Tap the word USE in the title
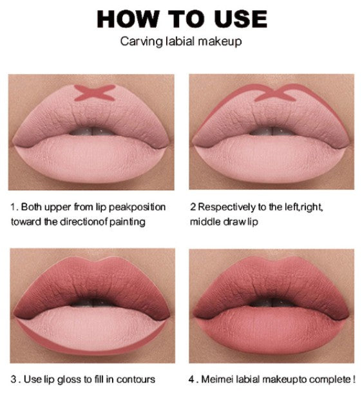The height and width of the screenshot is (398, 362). tap(240, 19)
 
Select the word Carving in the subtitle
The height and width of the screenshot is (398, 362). tap(141, 42)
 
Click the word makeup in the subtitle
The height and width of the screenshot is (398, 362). tap(220, 42)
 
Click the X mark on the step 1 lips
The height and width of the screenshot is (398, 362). tap(95, 93)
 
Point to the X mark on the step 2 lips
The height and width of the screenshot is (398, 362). tap(275, 93)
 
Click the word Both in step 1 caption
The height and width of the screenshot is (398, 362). tap(32, 207)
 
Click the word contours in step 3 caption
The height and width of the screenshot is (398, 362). tap(135, 379)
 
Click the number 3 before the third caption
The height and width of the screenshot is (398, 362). tap(14, 379)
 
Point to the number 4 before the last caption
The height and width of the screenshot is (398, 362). tap(191, 379)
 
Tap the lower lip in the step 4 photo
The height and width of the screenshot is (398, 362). tap(272, 330)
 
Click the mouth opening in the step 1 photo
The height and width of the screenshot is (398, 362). tap(92, 131)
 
